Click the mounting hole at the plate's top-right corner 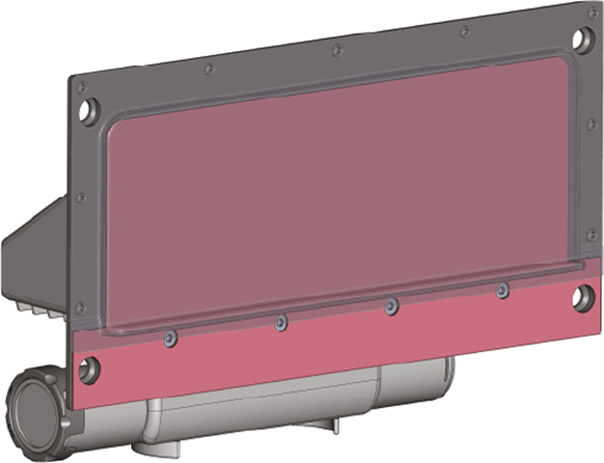[x=585, y=39]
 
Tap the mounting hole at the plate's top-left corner [x=88, y=110]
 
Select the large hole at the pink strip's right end [x=581, y=299]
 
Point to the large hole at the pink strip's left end [x=90, y=368]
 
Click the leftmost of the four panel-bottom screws [x=170, y=338]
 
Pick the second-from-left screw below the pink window [x=281, y=322]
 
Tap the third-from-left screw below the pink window [x=391, y=306]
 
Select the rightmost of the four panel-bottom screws [x=502, y=290]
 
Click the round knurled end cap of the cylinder [x=37, y=409]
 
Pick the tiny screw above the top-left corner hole [x=83, y=87]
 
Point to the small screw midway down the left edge [x=80, y=197]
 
